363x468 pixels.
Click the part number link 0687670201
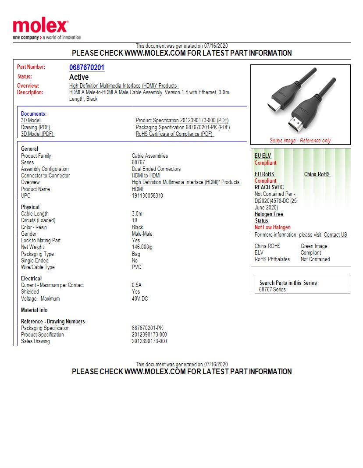(x=87, y=67)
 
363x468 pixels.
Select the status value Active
(x=79, y=77)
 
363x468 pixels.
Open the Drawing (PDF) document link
(x=36, y=128)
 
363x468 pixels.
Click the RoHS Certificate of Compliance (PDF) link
(x=174, y=134)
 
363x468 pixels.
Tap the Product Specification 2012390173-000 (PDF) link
(x=182, y=121)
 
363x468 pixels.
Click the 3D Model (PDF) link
(x=37, y=134)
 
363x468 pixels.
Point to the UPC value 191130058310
(x=147, y=196)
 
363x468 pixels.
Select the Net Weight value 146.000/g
(x=142, y=247)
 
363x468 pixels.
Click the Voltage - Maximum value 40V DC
(x=140, y=299)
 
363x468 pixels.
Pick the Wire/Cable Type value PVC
(x=137, y=267)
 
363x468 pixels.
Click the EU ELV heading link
(x=263, y=156)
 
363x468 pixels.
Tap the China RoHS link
(x=317, y=174)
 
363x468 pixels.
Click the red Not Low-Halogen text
(x=273, y=227)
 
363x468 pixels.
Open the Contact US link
(x=335, y=235)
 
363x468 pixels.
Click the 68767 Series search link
(x=272, y=290)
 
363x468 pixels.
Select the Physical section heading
(x=30, y=207)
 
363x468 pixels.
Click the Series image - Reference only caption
(x=300, y=141)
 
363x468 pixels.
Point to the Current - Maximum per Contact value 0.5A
(x=137, y=285)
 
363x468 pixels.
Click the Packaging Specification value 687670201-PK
(x=147, y=328)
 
